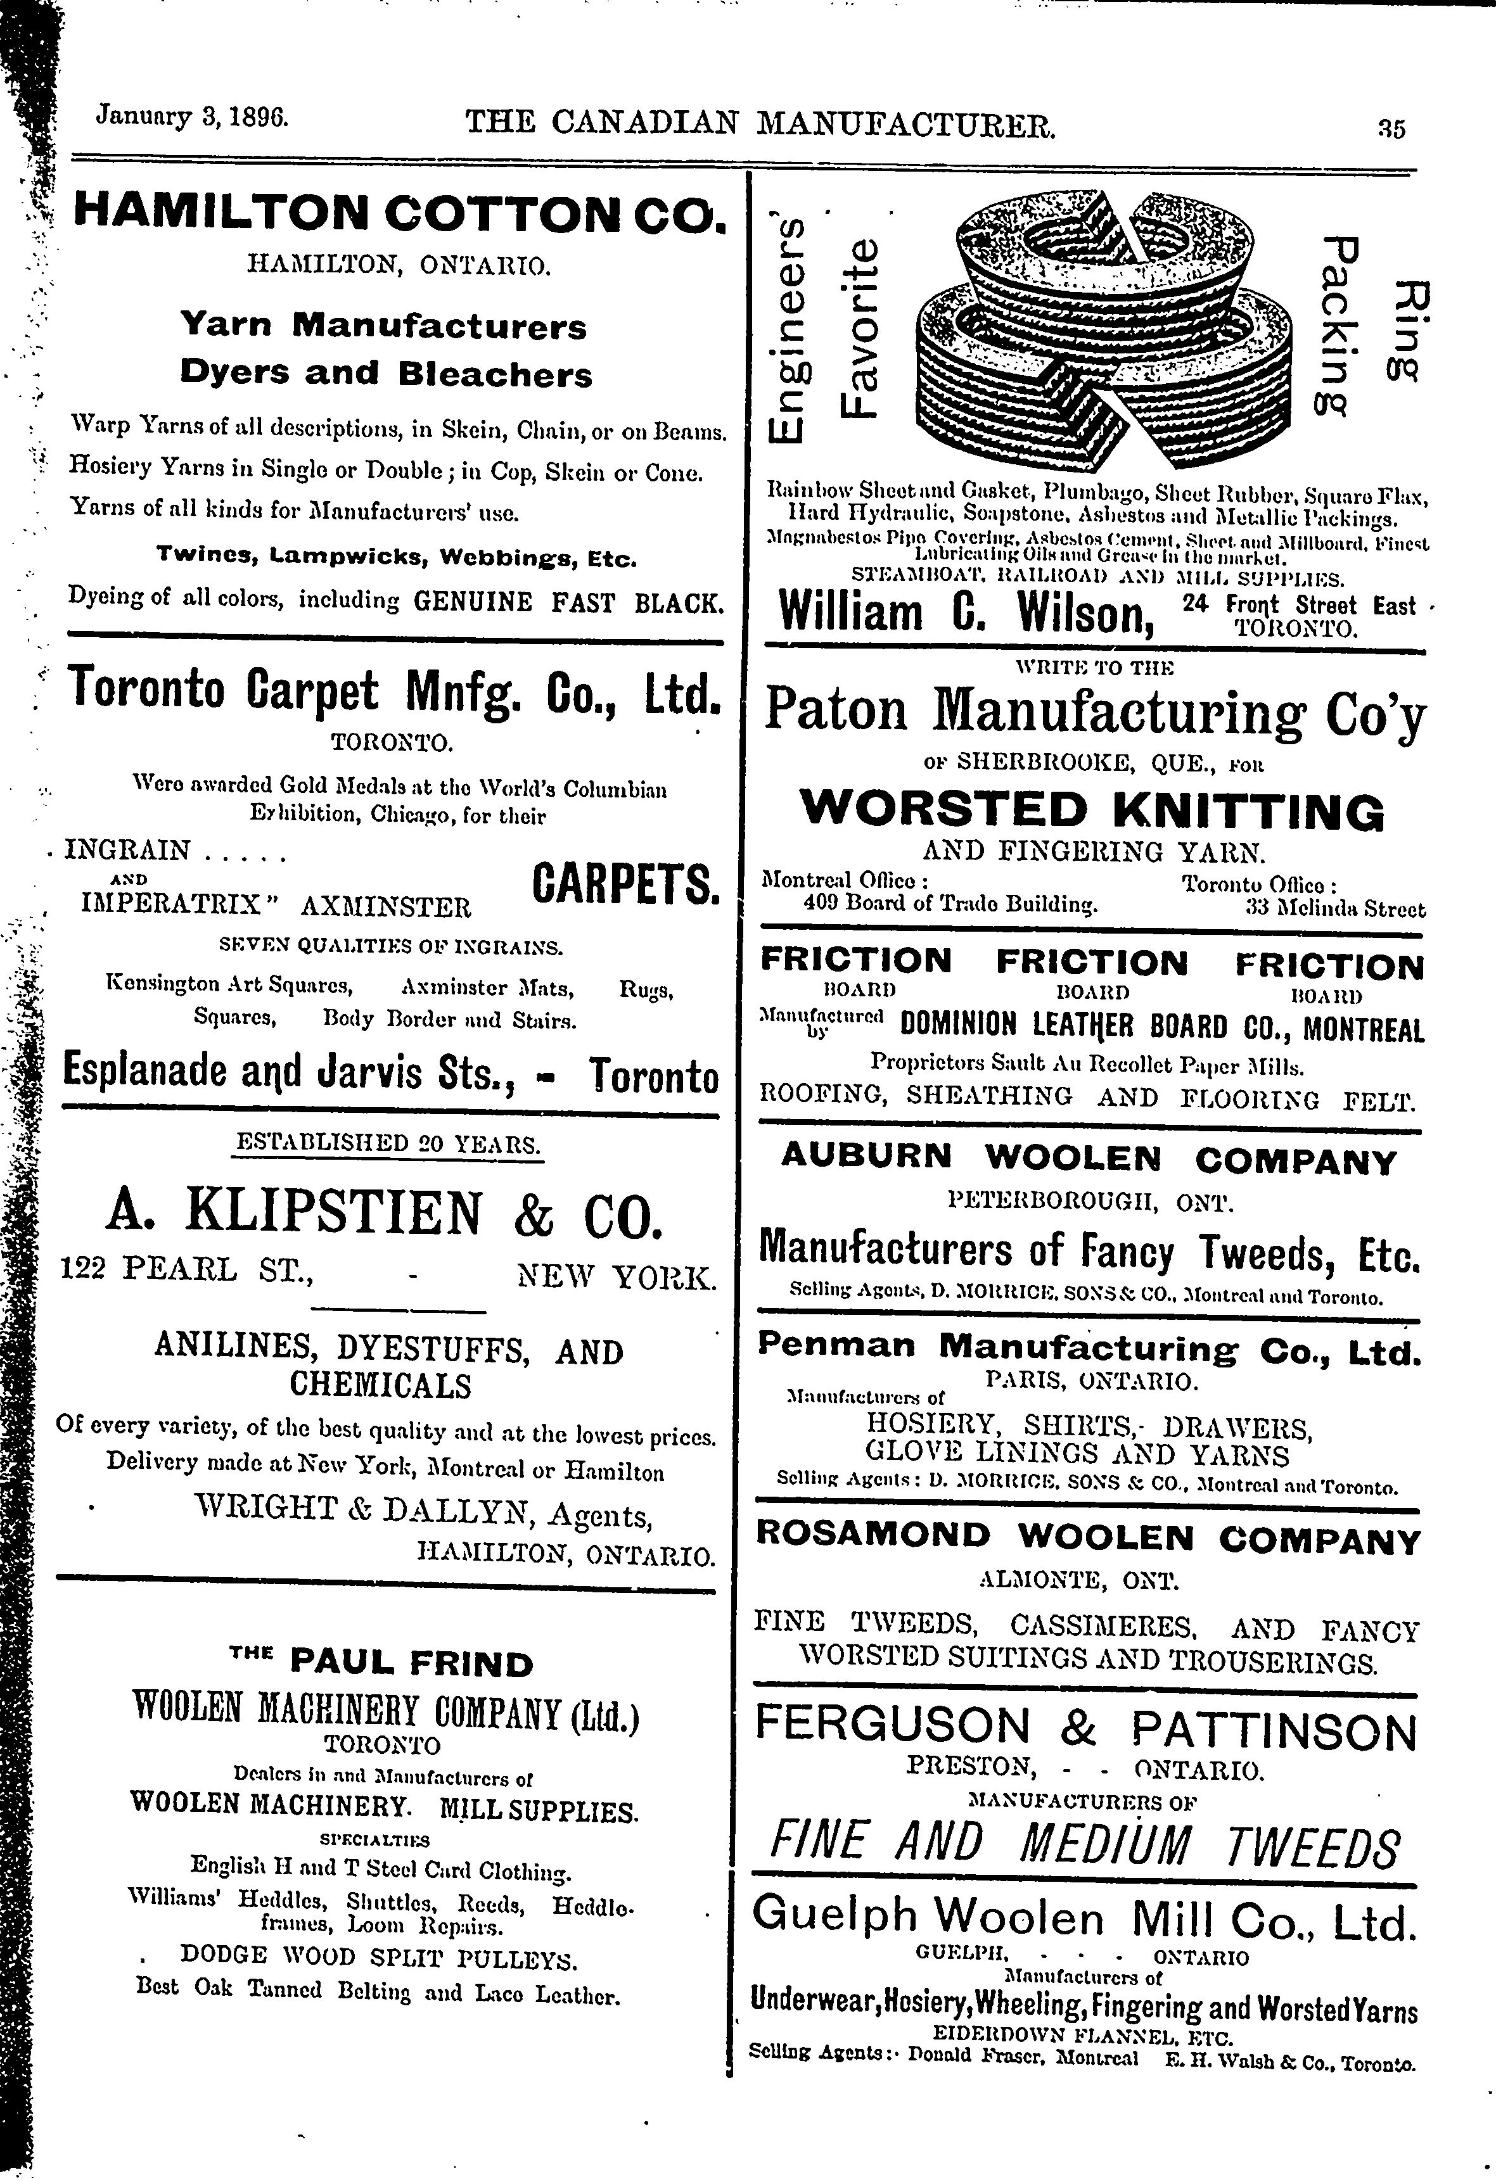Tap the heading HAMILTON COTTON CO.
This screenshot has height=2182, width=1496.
[399, 212]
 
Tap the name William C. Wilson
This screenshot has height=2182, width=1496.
[968, 613]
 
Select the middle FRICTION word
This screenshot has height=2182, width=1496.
[1091, 962]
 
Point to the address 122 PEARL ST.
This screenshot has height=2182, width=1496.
[186, 1271]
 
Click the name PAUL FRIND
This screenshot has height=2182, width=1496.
[411, 1665]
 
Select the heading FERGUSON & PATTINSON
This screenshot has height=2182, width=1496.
[1085, 1728]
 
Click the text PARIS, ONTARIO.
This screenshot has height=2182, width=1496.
[1091, 1381]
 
